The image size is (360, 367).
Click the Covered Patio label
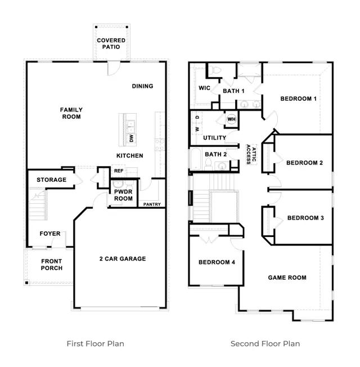(111, 44)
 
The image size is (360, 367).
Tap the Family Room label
(72, 113)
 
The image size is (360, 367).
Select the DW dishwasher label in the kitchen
(131, 138)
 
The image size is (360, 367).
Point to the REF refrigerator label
(119, 171)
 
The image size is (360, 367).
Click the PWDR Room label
(123, 195)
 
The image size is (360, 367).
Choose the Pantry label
(152, 204)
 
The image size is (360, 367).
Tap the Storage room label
(51, 180)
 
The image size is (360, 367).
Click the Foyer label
(49, 234)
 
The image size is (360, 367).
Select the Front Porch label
(51, 264)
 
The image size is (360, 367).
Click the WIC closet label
(204, 88)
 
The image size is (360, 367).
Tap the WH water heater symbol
(231, 119)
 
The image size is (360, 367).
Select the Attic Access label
(250, 153)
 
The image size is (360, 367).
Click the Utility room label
(214, 138)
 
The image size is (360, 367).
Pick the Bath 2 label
(215, 154)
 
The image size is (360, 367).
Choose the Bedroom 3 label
(305, 218)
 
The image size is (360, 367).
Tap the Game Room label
(287, 278)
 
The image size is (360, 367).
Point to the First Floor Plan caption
(96, 343)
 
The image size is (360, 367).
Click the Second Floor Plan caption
(265, 343)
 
